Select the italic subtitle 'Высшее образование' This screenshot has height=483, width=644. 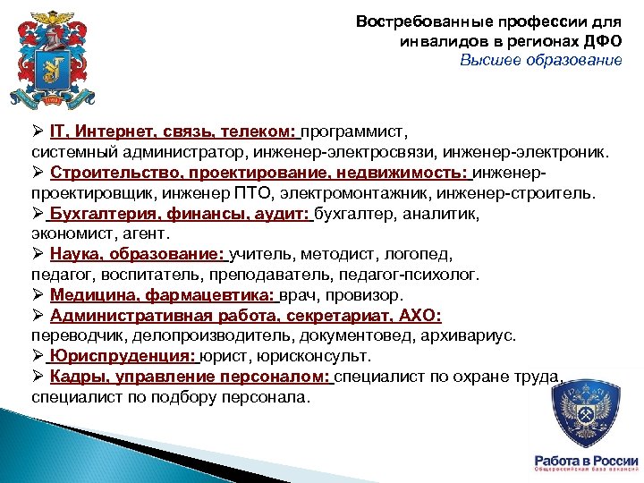click(541, 61)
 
